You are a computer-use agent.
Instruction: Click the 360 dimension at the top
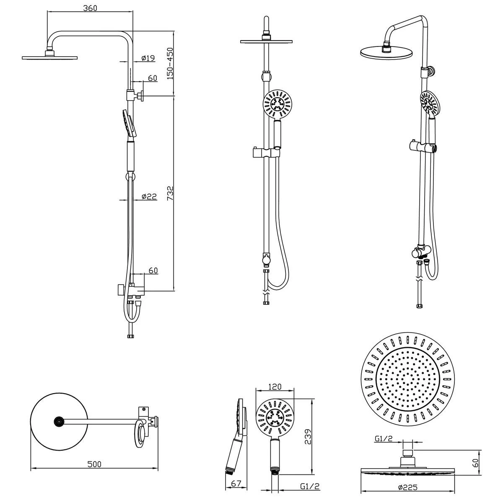tap(90, 8)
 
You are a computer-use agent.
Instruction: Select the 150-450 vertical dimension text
tap(170, 63)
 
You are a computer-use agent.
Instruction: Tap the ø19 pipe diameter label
tap(149, 58)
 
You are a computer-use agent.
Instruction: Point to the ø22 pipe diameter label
tap(149, 196)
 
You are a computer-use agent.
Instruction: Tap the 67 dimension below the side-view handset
tap(236, 483)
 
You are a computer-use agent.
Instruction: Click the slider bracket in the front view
tap(267, 153)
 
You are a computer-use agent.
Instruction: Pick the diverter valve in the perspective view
tap(420, 253)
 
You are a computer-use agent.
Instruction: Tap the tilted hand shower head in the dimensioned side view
tap(128, 122)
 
